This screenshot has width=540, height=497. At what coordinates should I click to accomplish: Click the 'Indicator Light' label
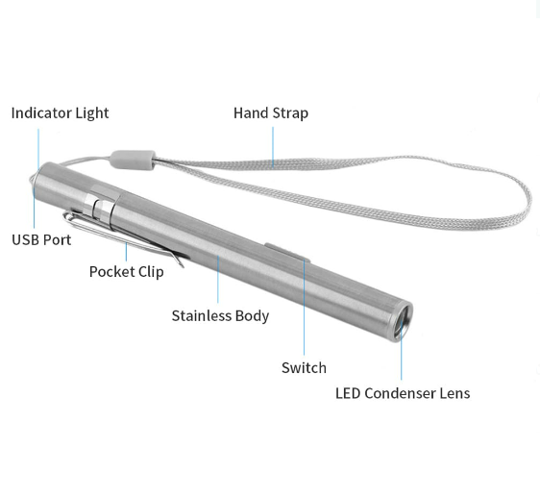coord(60,113)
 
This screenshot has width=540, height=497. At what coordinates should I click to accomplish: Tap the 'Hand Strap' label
coord(271,113)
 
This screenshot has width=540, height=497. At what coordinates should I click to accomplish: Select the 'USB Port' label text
coord(41,239)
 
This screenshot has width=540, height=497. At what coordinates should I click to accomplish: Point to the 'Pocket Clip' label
coord(127,272)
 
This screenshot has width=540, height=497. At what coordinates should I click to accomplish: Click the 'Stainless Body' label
coord(220,316)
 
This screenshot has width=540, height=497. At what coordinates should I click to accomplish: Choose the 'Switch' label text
coord(304,368)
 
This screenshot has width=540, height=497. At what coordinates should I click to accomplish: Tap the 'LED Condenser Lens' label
coord(403,393)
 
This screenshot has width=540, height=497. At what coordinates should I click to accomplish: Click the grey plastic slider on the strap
coord(133,160)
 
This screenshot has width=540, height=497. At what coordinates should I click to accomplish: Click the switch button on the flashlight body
coord(287,253)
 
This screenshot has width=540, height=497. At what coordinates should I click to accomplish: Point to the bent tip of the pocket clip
coord(182,264)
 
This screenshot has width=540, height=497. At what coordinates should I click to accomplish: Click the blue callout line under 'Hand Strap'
coord(273,147)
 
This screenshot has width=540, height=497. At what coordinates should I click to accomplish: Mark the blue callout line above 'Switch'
coord(304,308)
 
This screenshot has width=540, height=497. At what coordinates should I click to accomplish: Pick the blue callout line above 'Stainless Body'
coord(218,279)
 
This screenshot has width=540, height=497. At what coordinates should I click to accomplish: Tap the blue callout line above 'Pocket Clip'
coord(126,252)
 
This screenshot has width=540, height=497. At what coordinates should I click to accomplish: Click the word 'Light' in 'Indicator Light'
coord(92,113)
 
